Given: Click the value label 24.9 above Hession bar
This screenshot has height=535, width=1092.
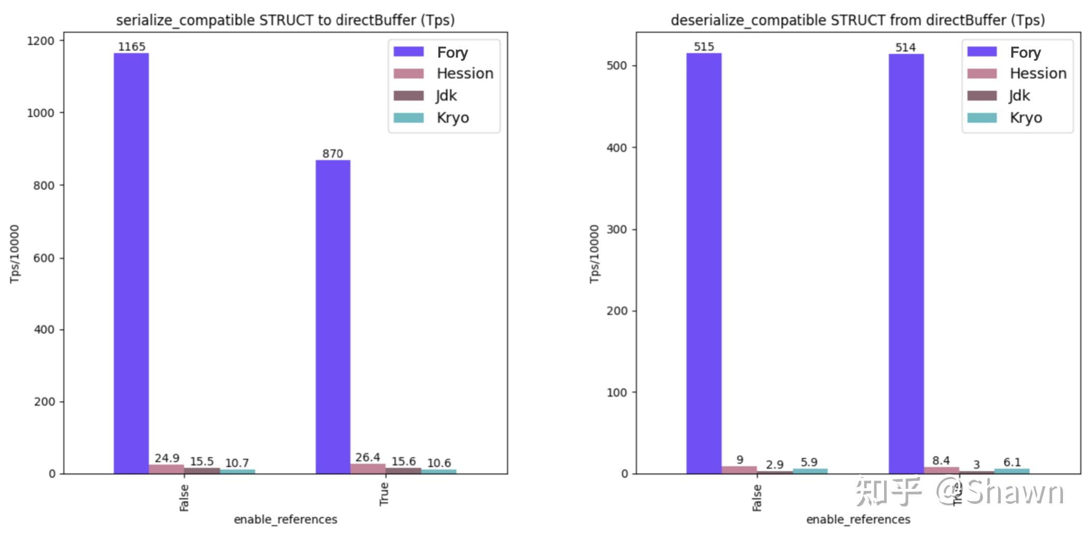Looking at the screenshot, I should pos(167,458).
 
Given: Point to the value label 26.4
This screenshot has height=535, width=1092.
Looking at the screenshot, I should pos(368,457).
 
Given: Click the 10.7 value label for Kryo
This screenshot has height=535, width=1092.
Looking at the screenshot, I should pos(237,463).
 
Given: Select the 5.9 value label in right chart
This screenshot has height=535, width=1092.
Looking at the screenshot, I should pos(809,462).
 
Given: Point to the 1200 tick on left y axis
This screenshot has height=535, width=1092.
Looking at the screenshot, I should pos(40,41).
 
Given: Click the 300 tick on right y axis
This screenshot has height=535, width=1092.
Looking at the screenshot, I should pos(617,229).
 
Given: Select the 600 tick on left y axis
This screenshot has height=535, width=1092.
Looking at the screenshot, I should pos(44,258).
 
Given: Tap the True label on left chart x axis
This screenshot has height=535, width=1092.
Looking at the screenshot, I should pos(384,494).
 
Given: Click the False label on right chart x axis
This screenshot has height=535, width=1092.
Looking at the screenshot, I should pos(757,498).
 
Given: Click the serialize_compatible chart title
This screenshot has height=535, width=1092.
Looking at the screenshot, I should pos(285,20).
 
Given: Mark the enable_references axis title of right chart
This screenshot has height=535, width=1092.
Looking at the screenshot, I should pos(858,519).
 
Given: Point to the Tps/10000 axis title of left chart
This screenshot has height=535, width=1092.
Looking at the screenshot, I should pos(15,254).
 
